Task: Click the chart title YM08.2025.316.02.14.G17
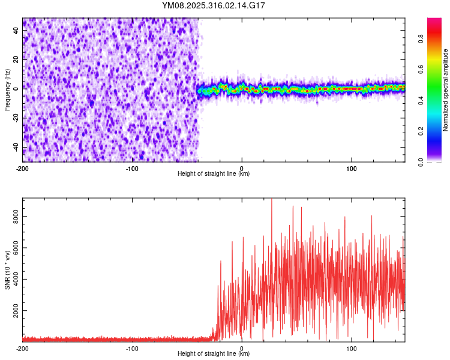tap(214, 5)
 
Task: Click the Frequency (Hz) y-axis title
tap(7, 90)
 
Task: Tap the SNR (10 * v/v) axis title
tap(7, 270)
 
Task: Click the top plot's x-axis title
tap(214, 173)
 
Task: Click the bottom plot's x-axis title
tap(214, 353)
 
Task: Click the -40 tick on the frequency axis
tap(15, 148)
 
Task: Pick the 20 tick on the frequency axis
tap(16, 59)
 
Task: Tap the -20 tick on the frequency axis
tap(15, 118)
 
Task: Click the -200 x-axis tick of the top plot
tap(23, 167)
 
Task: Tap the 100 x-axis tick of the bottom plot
tap(351, 347)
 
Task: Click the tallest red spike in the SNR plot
tap(272, 200)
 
